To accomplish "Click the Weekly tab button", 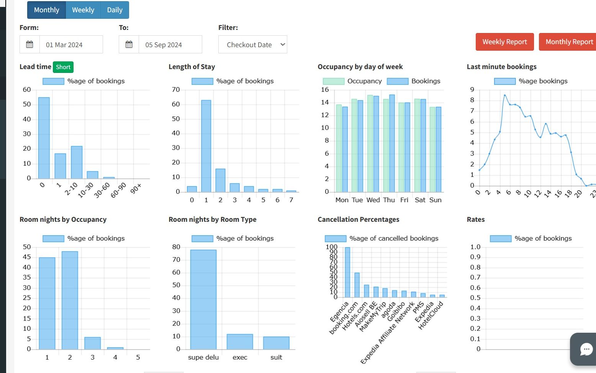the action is pyautogui.click(x=83, y=10).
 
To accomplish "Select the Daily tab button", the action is pyautogui.click(x=115, y=10).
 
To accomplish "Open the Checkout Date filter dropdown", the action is pyautogui.click(x=252, y=45).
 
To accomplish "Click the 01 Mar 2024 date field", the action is pyautogui.click(x=71, y=45).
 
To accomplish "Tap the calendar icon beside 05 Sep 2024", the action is pyautogui.click(x=129, y=44).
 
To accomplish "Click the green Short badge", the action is pyautogui.click(x=63, y=67).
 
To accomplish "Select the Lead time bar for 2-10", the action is pyautogui.click(x=77, y=162).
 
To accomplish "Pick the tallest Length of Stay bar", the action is pyautogui.click(x=206, y=146).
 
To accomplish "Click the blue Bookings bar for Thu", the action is pyautogui.click(x=392, y=144).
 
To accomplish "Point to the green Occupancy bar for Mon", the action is pyautogui.click(x=339, y=148).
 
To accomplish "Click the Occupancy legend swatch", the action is pyautogui.click(x=333, y=81).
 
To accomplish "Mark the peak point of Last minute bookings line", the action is pyautogui.click(x=505, y=95).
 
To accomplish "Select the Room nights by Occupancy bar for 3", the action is pyautogui.click(x=93, y=343).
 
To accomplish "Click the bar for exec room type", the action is pyautogui.click(x=240, y=342).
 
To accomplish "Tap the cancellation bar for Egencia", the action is pyautogui.click(x=347, y=272).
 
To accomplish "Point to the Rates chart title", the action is pyautogui.click(x=476, y=220).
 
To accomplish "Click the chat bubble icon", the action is pyautogui.click(x=586, y=349).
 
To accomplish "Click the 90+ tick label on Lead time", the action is pyautogui.click(x=136, y=188).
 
